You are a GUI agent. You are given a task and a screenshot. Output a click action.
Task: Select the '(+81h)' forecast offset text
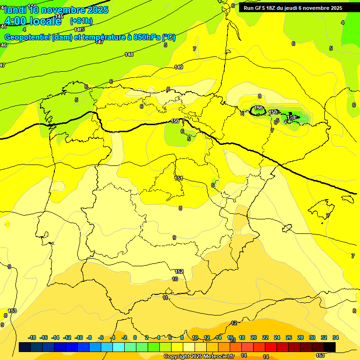point(81,21)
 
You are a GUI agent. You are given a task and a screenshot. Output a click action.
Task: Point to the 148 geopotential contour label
point(129,55)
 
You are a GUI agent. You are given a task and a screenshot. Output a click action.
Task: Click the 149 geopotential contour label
point(179,67)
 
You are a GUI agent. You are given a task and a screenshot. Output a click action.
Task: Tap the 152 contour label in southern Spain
point(179,271)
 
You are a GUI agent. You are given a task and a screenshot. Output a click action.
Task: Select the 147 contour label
point(99,42)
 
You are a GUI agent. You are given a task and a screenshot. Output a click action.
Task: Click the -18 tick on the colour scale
point(32,337)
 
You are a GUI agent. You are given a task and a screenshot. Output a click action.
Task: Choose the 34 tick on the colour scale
point(336,337)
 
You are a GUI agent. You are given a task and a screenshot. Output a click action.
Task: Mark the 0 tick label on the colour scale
point(135,337)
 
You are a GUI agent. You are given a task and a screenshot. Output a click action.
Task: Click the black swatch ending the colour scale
point(330,347)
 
